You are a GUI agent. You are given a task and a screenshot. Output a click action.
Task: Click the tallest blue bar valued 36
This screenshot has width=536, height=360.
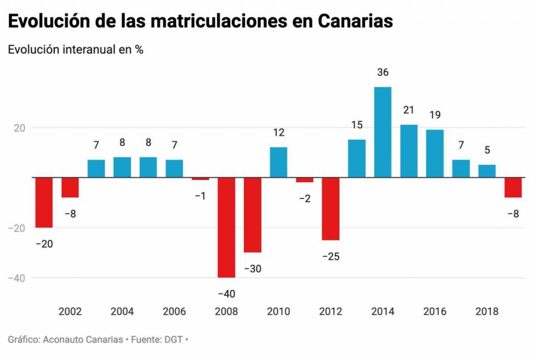coord(383,132)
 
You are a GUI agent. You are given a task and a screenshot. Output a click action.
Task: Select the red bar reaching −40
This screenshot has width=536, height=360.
coord(226,227)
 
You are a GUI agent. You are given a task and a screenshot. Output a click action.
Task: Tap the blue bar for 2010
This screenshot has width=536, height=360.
coord(278,162)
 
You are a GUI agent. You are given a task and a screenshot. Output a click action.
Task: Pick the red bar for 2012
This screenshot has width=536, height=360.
coord(330,208)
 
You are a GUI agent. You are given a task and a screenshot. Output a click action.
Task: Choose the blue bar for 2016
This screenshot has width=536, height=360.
coord(434,153)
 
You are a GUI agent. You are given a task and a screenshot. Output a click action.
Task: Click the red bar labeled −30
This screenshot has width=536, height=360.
coord(252,215)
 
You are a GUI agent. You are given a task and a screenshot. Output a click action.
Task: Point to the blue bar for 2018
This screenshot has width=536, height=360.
coord(487,171)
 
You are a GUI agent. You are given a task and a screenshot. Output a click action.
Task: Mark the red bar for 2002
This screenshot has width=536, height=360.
coord(70,187)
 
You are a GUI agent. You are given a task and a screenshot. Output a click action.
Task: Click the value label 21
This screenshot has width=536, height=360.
coord(409,110)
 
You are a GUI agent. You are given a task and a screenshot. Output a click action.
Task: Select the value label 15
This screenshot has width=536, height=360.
coord(356,125)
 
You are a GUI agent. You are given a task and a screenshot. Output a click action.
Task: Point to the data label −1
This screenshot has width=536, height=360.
coord(200,196)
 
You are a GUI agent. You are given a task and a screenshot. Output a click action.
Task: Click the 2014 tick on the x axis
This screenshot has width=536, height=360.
coord(383,312)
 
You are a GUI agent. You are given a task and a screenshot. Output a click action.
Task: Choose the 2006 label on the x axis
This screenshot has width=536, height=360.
coord(174,312)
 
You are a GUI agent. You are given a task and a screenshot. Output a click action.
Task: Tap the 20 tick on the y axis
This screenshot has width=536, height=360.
coord(19,128)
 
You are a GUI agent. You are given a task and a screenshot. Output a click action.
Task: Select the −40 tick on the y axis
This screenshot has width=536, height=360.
coord(16,278)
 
